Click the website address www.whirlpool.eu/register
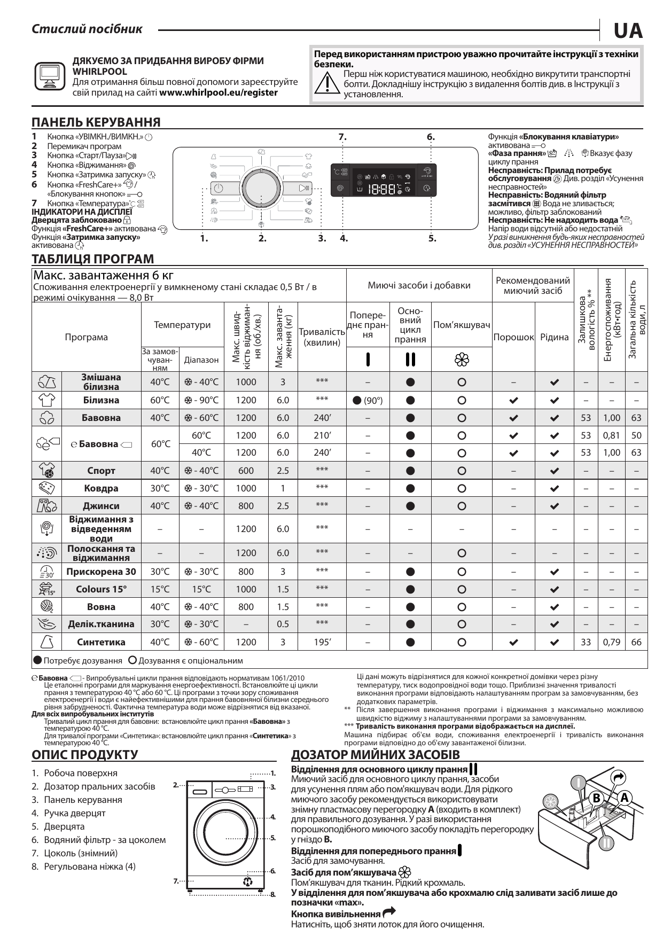click(x=219, y=92)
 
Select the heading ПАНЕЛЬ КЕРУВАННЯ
click(x=96, y=122)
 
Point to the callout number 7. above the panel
click(x=342, y=137)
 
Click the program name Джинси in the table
click(x=101, y=506)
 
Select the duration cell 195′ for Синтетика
click(x=322, y=642)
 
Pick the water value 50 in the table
click(x=636, y=435)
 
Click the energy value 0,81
click(x=611, y=435)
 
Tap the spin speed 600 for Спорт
click(x=246, y=471)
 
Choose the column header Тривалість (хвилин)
click(x=322, y=337)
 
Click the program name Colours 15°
click(x=101, y=589)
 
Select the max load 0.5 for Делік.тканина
click(x=283, y=624)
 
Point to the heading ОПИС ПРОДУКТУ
click(x=85, y=755)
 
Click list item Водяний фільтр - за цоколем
click(x=105, y=840)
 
